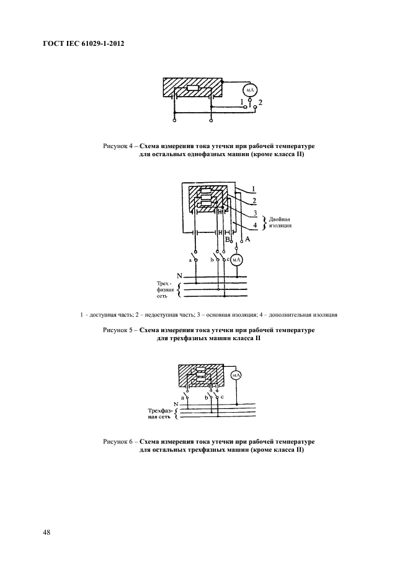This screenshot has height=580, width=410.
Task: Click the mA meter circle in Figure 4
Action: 250,90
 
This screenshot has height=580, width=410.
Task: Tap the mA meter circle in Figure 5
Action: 236,261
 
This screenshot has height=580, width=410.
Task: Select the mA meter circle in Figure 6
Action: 236,376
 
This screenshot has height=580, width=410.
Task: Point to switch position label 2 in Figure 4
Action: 261,102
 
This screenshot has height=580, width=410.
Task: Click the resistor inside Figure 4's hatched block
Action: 192,89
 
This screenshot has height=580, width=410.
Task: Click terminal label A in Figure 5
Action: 247,239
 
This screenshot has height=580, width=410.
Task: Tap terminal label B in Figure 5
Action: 227,239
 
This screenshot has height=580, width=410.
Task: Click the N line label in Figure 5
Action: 179,275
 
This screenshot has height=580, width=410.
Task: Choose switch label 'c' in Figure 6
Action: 221,395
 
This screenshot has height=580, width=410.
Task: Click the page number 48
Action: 47,532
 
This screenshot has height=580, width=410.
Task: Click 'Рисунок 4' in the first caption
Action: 117,146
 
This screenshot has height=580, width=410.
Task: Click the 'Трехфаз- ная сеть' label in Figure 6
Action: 159,414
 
